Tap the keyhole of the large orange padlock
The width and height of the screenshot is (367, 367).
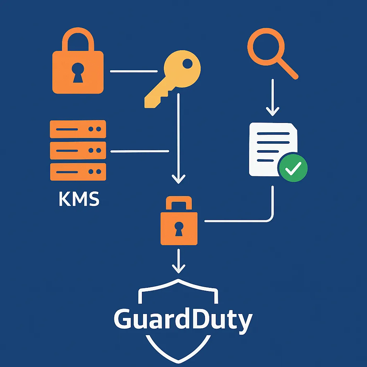click(78, 72)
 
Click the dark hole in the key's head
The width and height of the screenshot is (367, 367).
click(187, 64)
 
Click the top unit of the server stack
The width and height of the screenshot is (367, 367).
click(78, 129)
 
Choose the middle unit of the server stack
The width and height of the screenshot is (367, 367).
click(78, 151)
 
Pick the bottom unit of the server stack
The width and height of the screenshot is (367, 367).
click(78, 172)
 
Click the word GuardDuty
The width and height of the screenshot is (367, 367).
click(183, 320)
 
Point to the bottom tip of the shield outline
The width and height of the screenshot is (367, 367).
click(178, 359)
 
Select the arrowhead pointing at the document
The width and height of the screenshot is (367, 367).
click(272, 111)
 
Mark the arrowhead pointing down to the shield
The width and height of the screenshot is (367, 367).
click(178, 269)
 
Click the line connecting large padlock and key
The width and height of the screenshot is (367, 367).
click(133, 71)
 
